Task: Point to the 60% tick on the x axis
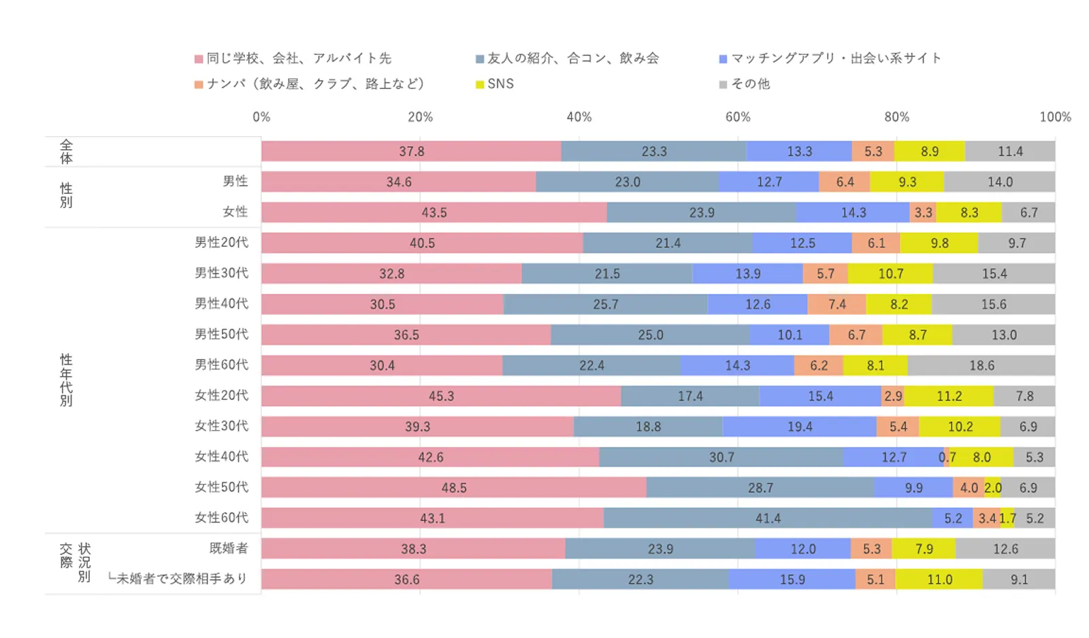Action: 738,117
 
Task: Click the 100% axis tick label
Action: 1055,117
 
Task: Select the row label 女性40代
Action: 222,456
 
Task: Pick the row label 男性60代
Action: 222,365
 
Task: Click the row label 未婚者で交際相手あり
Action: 181,579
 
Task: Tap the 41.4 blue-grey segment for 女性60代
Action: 768,518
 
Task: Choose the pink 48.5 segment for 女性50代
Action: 454,488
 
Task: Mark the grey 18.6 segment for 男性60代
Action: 981,365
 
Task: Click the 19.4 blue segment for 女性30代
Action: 800,426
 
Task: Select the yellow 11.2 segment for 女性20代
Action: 949,396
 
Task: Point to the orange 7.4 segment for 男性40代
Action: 836,304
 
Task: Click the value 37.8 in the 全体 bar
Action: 411,151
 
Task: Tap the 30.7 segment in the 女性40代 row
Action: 721,457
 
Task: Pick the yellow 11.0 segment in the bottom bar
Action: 939,580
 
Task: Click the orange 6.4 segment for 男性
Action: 845,182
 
